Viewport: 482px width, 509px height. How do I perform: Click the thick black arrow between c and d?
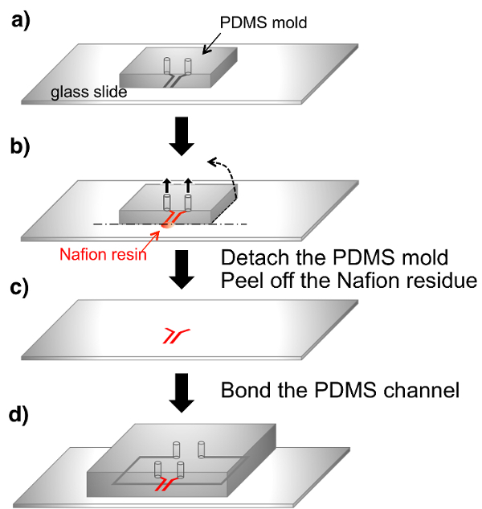tap(183, 392)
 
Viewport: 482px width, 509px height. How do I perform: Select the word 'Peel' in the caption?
tap(240, 282)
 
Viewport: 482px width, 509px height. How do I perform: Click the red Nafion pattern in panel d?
tap(165, 486)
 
